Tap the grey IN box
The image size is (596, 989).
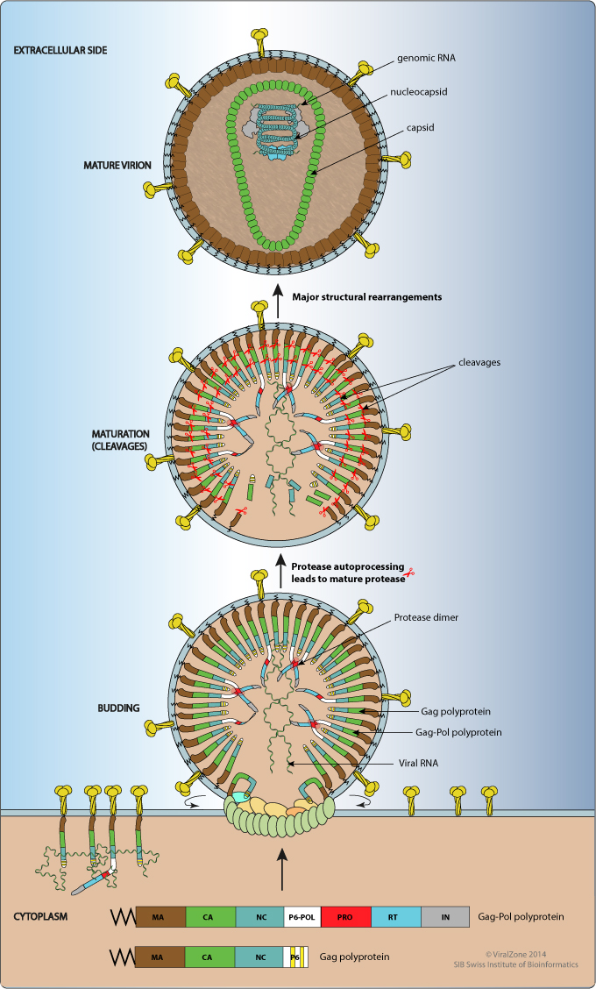click(445, 918)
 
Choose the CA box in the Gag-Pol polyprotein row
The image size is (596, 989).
click(209, 918)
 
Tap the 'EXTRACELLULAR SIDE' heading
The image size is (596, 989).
click(60, 49)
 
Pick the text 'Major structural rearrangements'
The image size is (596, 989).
click(366, 296)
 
